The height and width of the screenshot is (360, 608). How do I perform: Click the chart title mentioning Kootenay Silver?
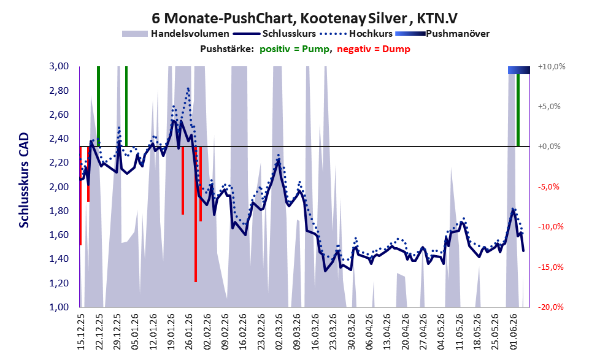coord(305,18)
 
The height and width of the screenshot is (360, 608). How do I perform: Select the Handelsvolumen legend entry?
coord(175,34)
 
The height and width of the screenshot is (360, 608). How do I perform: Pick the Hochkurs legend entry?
coord(356,34)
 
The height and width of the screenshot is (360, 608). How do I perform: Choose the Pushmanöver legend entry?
coord(442,34)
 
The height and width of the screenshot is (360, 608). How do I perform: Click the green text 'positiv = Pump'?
coord(294,49)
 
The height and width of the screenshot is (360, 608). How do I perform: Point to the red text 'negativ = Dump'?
coord(374,49)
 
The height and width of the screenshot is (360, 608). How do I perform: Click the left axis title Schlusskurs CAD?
coord(24,180)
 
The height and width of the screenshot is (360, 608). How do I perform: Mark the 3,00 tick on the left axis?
coord(59,66)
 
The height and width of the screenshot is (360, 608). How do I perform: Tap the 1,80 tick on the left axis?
coord(59,211)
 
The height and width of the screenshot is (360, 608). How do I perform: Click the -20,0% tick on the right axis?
coord(550,307)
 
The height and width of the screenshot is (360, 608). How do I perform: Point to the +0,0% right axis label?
coord(550,147)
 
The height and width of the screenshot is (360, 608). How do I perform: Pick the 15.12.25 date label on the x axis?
coord(81,332)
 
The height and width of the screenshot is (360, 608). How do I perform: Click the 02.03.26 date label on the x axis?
coord(279,332)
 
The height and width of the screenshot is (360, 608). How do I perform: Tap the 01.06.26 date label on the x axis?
coord(514,332)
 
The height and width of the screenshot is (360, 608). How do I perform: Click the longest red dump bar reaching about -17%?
coord(196,214)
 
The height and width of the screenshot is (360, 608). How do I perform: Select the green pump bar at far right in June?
coord(518,110)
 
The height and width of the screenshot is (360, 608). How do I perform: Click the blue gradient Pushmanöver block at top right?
coord(519,70)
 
